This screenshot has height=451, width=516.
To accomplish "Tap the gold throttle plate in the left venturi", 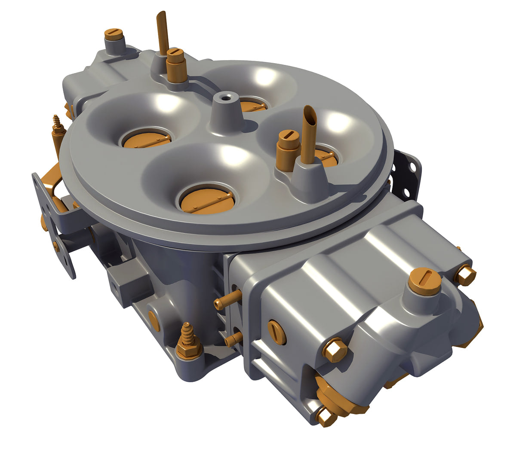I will (x=146, y=138).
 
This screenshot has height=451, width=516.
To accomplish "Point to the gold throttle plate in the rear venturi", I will (x=252, y=105).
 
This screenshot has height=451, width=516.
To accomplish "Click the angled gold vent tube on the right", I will (x=309, y=133).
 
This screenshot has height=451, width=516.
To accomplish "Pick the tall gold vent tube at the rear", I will (x=163, y=32).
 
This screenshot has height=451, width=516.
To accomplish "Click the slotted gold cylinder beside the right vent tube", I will (x=288, y=145).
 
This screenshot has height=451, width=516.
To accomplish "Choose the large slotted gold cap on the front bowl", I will (x=424, y=281).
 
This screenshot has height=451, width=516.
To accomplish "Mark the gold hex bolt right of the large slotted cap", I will (x=466, y=274).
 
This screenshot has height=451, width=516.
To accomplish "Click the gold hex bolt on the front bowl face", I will (x=335, y=350).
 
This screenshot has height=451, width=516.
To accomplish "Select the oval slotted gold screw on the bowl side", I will (x=276, y=332).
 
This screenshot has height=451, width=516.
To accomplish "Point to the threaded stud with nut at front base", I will (x=188, y=341).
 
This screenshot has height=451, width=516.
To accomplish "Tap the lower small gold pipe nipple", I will (x=233, y=339).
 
